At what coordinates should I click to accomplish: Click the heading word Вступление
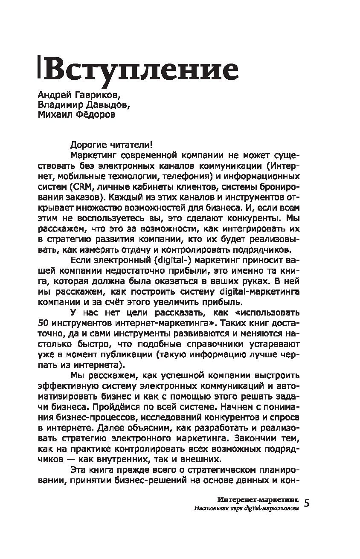point(142,70)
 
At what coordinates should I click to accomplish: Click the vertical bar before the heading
point(39,68)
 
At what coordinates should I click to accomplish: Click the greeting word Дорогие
point(86,145)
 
